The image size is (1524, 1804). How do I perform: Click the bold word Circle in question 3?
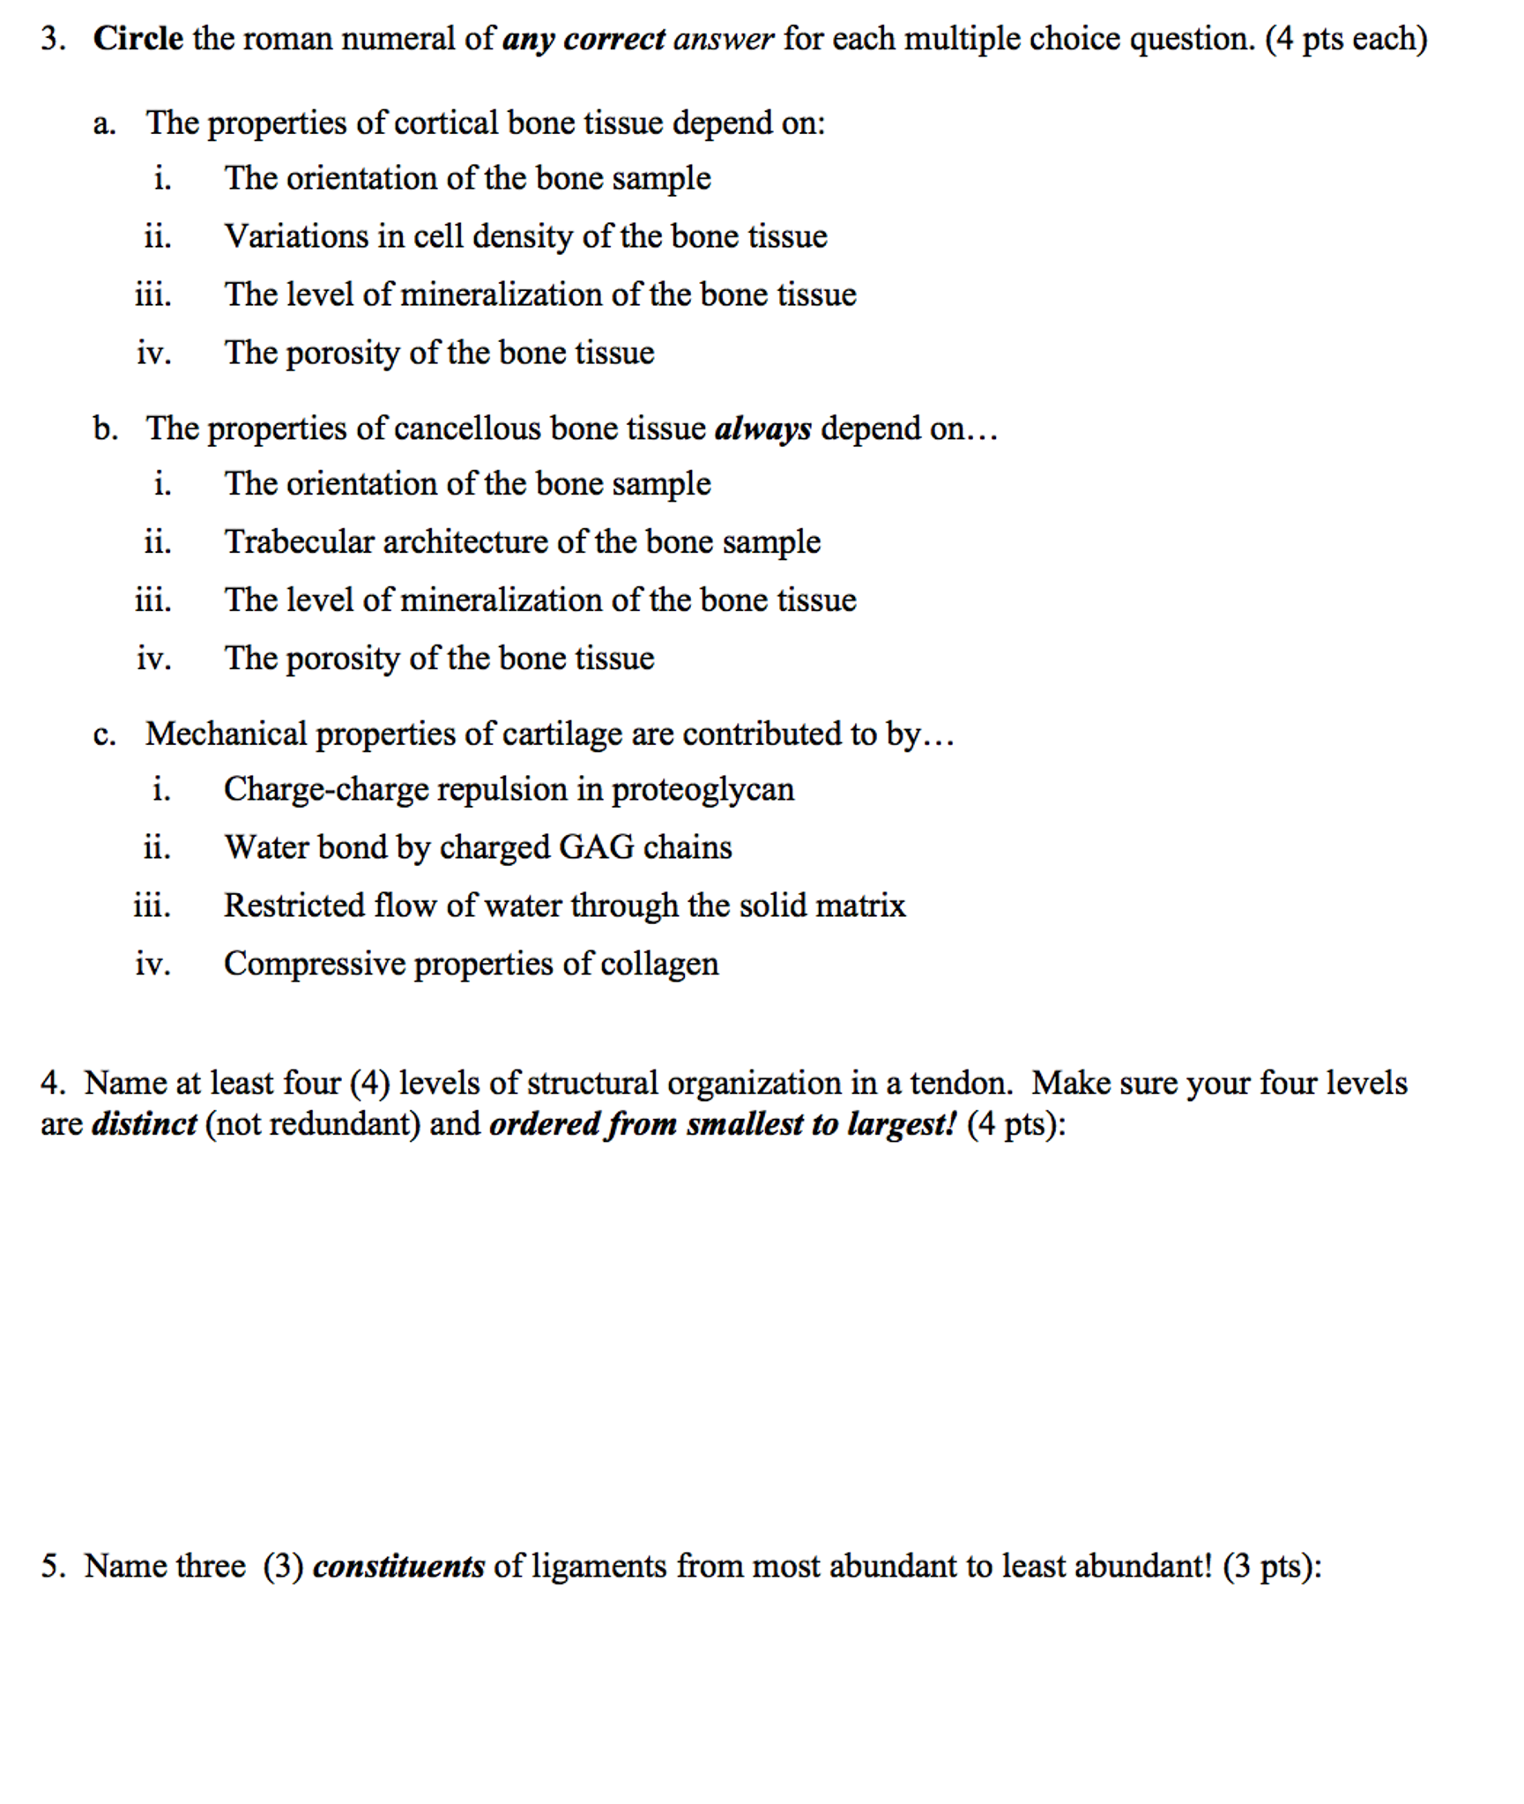pos(138,39)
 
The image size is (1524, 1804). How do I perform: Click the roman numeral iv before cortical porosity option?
pos(153,353)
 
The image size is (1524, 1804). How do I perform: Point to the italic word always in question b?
pos(762,429)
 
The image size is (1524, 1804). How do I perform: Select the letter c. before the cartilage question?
pos(104,734)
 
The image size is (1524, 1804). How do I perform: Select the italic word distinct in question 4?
pos(144,1124)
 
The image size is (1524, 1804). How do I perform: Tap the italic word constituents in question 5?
pos(398,1567)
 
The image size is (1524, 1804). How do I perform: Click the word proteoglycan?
pos(703,789)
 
